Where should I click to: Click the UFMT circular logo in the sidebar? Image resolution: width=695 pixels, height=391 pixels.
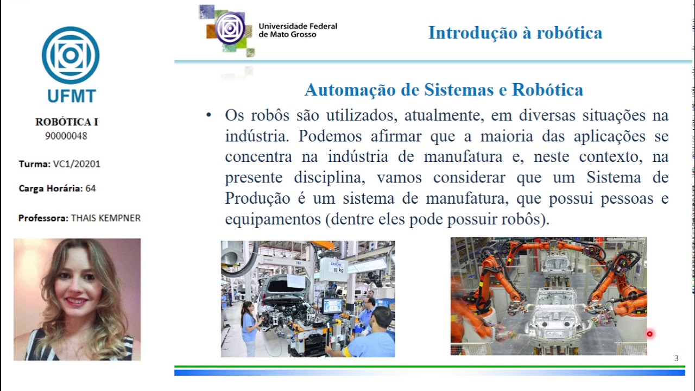[x=71, y=55]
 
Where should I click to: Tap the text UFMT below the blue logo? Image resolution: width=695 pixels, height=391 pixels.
[x=71, y=96]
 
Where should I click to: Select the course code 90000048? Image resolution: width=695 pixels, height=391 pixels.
[x=66, y=136]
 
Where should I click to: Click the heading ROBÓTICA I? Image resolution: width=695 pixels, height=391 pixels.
[x=66, y=122]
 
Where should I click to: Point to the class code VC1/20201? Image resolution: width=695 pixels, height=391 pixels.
[x=76, y=164]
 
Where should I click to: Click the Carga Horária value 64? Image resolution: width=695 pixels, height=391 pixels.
[x=90, y=188]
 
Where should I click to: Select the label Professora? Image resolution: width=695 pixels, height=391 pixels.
[x=43, y=218]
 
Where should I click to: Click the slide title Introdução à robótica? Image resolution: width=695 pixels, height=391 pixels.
[x=515, y=33]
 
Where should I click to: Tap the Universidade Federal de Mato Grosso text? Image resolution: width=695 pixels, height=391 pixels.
[x=298, y=30]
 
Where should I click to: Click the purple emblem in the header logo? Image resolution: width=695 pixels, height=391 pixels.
[x=230, y=28]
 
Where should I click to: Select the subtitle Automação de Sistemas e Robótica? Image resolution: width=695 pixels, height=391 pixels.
[x=444, y=90]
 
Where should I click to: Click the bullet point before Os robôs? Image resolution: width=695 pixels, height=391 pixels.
[x=208, y=116]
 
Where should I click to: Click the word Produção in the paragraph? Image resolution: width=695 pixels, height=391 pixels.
[x=257, y=198]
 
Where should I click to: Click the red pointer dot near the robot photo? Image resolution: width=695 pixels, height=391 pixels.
[x=649, y=334]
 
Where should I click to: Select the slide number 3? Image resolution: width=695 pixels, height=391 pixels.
[x=676, y=358]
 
